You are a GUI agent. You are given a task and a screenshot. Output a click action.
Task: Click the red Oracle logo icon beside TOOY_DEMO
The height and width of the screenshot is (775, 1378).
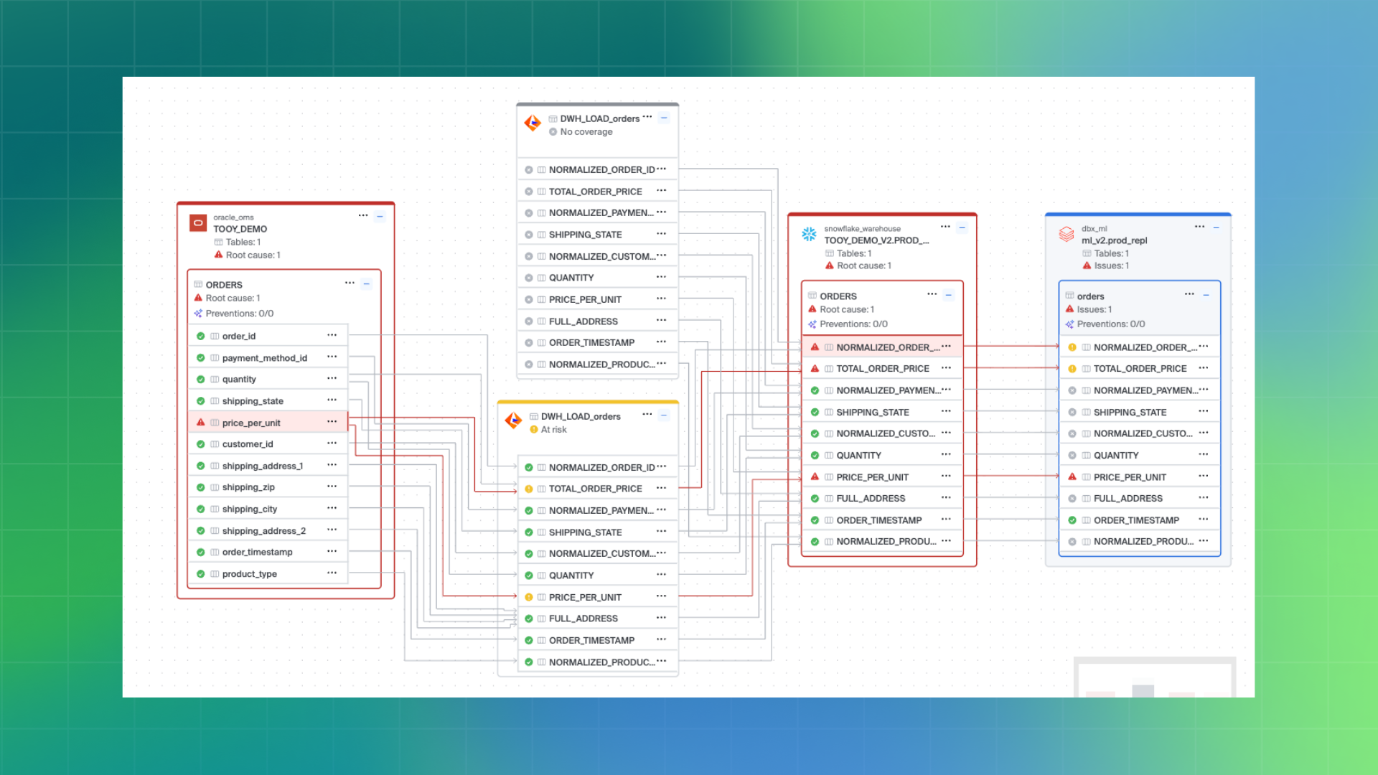pyautogui.click(x=197, y=223)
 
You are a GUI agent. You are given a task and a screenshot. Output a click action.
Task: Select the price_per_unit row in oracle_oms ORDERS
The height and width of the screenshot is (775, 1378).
pyautogui.click(x=251, y=423)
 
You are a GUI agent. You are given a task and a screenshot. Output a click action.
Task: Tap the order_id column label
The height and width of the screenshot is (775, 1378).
pyautogui.click(x=238, y=336)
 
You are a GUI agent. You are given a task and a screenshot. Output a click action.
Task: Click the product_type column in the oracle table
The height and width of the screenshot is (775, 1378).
pyautogui.click(x=249, y=574)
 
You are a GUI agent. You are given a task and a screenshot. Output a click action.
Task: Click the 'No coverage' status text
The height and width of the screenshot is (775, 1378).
pyautogui.click(x=586, y=132)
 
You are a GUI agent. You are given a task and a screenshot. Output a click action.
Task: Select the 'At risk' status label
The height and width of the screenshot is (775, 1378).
pyautogui.click(x=553, y=430)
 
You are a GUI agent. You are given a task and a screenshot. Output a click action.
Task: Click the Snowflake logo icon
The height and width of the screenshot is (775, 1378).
pyautogui.click(x=809, y=234)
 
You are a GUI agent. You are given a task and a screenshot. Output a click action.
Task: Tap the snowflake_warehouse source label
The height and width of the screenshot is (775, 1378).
pyautogui.click(x=862, y=229)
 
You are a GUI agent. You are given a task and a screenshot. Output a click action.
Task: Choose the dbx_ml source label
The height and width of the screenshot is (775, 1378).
pyautogui.click(x=1094, y=229)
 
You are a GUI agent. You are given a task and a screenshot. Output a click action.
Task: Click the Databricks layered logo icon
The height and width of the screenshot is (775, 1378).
pyautogui.click(x=1067, y=234)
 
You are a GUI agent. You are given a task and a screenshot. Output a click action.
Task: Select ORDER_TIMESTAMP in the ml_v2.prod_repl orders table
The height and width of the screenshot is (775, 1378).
pyautogui.click(x=1136, y=520)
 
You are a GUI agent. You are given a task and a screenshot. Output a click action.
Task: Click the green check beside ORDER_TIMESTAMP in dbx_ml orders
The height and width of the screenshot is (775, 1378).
pyautogui.click(x=1072, y=520)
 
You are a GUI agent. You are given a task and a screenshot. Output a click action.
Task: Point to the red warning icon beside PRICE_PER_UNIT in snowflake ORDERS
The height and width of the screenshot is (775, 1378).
pyautogui.click(x=815, y=476)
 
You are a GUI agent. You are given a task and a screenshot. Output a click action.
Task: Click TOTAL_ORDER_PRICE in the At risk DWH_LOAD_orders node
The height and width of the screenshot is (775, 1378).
pyautogui.click(x=595, y=489)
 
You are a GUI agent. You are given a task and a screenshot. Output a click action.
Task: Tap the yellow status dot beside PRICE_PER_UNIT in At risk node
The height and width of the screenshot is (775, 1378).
pyautogui.click(x=529, y=597)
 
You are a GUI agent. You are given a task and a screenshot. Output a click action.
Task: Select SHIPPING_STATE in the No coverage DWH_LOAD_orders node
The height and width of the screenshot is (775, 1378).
pyautogui.click(x=585, y=235)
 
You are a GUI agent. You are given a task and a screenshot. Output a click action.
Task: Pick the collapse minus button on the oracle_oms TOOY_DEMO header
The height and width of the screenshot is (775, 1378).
pyautogui.click(x=380, y=216)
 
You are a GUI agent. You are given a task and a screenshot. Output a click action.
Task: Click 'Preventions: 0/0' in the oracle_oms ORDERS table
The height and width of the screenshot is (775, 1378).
pyautogui.click(x=239, y=314)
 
